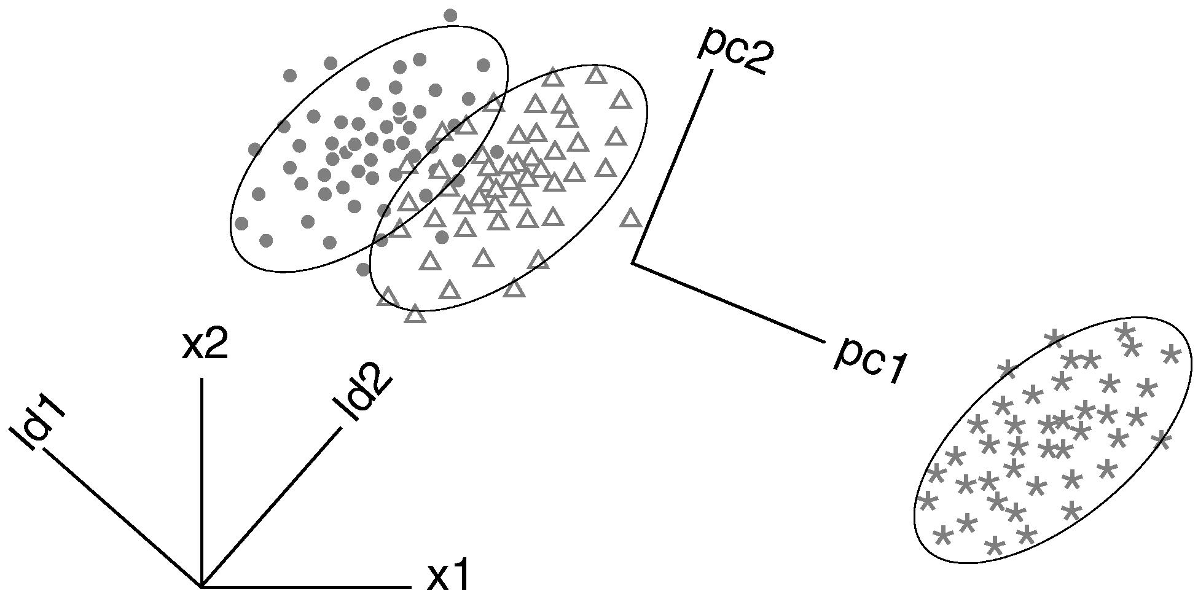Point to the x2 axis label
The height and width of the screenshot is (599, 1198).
coord(205,345)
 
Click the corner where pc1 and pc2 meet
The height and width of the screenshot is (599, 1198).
coord(633,263)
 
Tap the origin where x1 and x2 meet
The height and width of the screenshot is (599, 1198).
coord(202,586)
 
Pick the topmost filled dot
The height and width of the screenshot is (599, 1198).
coord(450,15)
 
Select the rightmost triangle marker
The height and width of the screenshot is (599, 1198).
coord(631,218)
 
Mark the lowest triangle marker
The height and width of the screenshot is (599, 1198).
coord(416,315)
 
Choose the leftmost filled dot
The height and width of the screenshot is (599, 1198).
coord(241,222)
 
